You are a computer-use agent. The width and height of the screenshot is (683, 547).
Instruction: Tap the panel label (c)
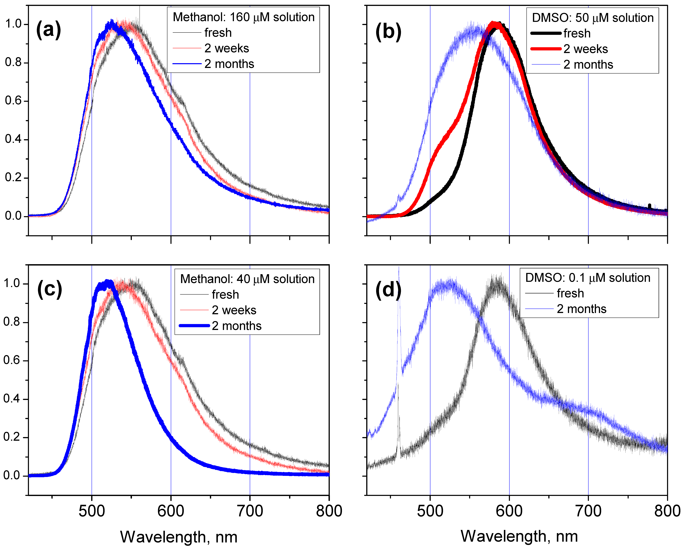point(49,289)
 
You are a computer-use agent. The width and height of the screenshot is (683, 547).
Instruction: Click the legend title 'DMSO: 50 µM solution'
point(592,18)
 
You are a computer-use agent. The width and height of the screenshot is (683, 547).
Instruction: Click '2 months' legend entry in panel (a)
point(229,64)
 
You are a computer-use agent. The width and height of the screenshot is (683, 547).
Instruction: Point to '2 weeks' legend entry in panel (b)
point(585,49)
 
